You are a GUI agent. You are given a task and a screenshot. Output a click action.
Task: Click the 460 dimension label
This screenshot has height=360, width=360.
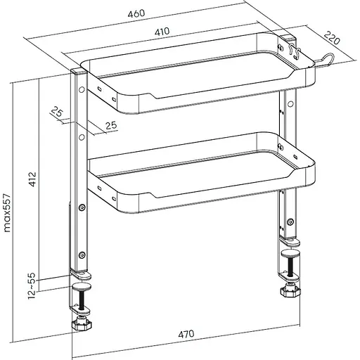click(136, 13)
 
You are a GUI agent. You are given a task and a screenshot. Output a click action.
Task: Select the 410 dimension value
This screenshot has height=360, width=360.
click(162, 32)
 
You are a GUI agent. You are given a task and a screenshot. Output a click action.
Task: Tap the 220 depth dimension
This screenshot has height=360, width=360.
click(332, 38)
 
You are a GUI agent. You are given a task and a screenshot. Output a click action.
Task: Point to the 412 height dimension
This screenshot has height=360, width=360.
click(32, 179)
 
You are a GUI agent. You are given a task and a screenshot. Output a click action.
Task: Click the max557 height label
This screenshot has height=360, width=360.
click(8, 213)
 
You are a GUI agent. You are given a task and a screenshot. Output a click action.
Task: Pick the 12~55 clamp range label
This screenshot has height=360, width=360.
click(32, 285)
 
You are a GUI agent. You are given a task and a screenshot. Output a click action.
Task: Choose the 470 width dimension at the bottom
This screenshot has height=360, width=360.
click(186, 334)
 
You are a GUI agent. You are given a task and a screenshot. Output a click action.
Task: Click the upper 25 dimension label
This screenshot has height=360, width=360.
click(57, 111)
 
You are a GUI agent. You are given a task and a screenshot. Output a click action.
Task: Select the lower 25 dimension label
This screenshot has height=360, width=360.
click(111, 125)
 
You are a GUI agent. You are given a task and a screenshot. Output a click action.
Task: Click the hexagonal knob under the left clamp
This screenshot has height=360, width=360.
click(82, 325)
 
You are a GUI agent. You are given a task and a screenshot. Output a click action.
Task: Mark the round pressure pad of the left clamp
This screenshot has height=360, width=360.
click(82, 286)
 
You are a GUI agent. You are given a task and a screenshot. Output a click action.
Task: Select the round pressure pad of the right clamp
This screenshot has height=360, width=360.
click(290, 253)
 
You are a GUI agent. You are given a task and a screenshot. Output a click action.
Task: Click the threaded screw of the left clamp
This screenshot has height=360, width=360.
click(82, 300)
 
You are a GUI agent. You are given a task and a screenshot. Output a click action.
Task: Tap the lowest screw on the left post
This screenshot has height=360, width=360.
click(82, 255)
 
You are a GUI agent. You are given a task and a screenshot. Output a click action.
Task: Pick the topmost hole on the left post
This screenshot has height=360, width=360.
click(82, 89)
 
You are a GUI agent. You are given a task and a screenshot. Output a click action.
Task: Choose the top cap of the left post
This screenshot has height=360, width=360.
click(79, 70)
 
